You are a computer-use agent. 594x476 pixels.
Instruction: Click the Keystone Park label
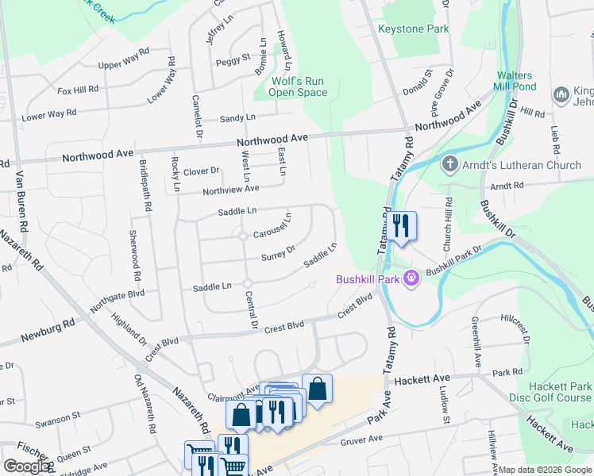click(413, 29)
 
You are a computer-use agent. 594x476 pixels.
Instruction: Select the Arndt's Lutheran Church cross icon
click(450, 165)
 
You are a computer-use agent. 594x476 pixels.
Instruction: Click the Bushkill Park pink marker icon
click(411, 278)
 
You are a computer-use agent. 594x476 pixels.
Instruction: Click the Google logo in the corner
click(26, 466)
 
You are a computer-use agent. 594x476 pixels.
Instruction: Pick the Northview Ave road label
click(231, 189)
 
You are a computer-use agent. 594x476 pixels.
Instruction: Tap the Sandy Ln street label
click(237, 118)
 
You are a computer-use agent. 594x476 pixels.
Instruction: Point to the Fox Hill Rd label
click(78, 90)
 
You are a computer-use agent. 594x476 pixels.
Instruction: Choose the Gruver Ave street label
click(361, 440)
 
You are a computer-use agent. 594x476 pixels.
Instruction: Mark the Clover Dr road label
click(201, 171)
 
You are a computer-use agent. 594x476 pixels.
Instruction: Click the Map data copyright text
click(544, 470)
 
